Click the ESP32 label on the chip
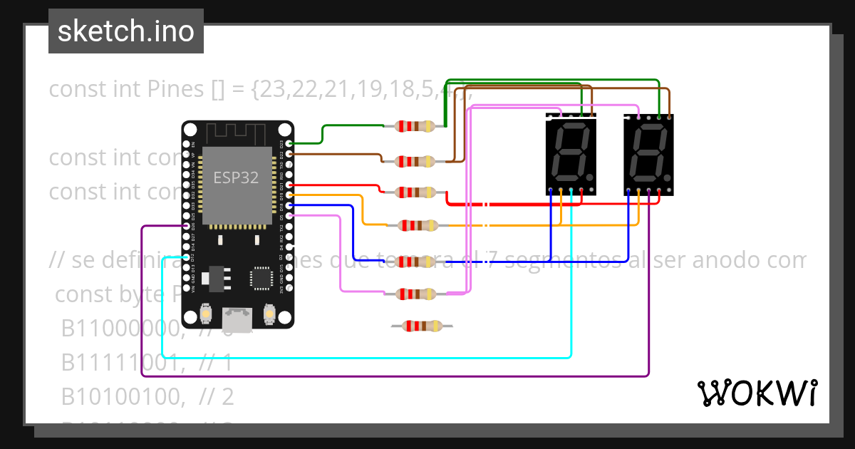click(x=236, y=177)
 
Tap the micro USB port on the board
click(x=237, y=319)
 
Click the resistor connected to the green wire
click(x=415, y=127)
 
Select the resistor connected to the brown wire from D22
click(x=415, y=162)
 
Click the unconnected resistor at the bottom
click(x=421, y=326)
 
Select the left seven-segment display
click(x=571, y=153)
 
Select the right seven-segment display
click(x=648, y=153)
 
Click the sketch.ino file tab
click(x=126, y=31)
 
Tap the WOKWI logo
click(x=757, y=393)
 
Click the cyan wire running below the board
click(x=356, y=356)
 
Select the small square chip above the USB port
click(x=260, y=278)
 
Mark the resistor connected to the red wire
click(x=415, y=192)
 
